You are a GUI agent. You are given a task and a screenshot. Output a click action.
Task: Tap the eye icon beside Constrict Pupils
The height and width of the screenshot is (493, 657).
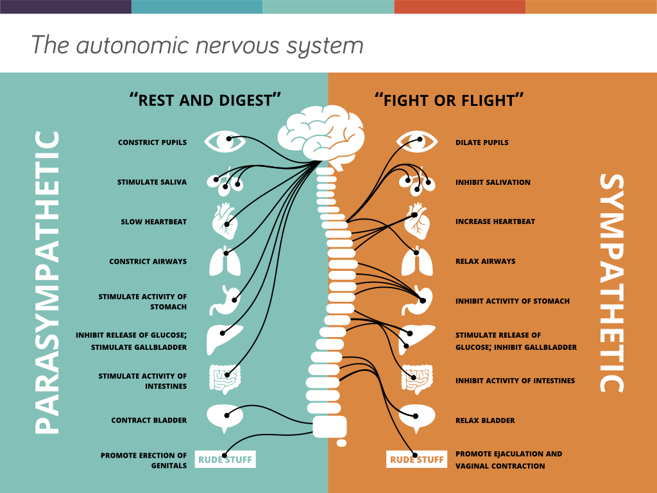tap(224, 141)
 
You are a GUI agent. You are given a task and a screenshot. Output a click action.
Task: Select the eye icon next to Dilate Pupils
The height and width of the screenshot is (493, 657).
tap(416, 141)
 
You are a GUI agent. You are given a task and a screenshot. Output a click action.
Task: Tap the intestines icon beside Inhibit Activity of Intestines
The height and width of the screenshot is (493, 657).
tap(416, 379)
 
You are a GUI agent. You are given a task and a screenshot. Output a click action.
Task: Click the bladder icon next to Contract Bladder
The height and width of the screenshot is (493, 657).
tap(225, 418)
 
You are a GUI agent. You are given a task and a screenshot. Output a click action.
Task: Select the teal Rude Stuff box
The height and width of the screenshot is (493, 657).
tap(225, 460)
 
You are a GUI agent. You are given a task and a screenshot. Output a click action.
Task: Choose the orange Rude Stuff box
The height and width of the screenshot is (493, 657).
tap(416, 460)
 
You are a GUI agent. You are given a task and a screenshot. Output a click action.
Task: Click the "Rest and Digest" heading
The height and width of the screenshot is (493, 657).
tap(205, 100)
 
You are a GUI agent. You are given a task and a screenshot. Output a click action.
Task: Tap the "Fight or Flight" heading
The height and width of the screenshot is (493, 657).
tap(449, 100)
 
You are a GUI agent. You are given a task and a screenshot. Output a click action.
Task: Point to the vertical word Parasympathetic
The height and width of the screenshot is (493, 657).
tap(46, 282)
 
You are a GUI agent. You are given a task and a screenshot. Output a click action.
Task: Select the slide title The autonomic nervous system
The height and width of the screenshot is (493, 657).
tap(197, 46)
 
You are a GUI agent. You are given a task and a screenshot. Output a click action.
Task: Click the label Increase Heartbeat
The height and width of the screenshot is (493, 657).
tap(495, 221)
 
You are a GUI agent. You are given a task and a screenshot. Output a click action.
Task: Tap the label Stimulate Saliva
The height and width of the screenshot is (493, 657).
tap(152, 182)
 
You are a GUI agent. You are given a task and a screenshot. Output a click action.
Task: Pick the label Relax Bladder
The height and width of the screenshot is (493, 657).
tap(485, 420)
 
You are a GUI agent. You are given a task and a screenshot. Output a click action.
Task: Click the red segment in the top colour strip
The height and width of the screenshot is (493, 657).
tap(459, 6)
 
